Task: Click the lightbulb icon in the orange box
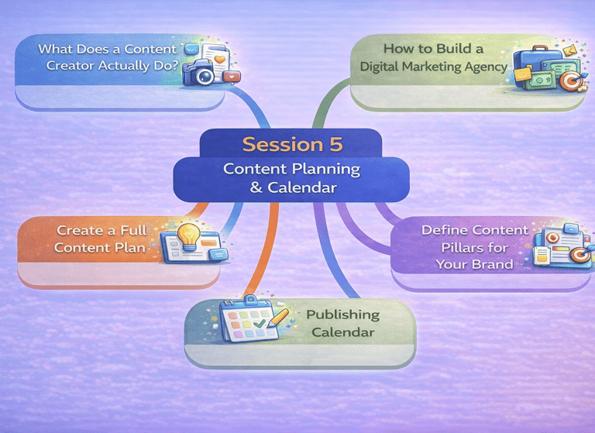click(x=188, y=235)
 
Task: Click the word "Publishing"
click(x=342, y=314)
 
